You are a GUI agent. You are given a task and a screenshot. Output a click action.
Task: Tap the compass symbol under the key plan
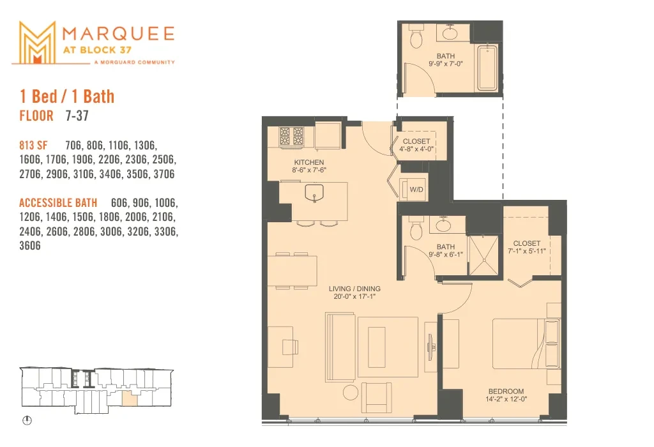(27, 420)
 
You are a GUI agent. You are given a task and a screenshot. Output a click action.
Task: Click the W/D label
(416, 190)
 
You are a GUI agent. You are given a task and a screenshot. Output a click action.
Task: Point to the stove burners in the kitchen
(291, 136)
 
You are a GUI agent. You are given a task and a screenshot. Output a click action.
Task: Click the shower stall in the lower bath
(484, 255)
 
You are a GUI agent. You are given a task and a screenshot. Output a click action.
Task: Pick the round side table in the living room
(351, 392)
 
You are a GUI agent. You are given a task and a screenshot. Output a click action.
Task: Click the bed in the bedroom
(526, 344)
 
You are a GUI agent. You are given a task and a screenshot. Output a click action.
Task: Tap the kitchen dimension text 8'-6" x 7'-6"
(309, 170)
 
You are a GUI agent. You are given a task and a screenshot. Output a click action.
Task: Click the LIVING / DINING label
(354, 289)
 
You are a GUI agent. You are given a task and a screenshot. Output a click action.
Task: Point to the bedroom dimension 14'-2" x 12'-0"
(506, 399)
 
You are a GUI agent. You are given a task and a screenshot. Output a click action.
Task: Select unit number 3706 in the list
(164, 174)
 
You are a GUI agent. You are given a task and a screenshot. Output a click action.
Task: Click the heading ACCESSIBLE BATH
(58, 203)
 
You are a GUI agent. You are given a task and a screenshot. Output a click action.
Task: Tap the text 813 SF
(33, 146)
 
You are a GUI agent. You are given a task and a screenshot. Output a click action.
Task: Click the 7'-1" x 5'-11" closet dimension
(527, 251)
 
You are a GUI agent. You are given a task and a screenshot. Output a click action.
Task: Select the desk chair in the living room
(291, 346)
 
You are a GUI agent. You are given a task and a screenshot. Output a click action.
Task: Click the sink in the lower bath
(443, 225)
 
